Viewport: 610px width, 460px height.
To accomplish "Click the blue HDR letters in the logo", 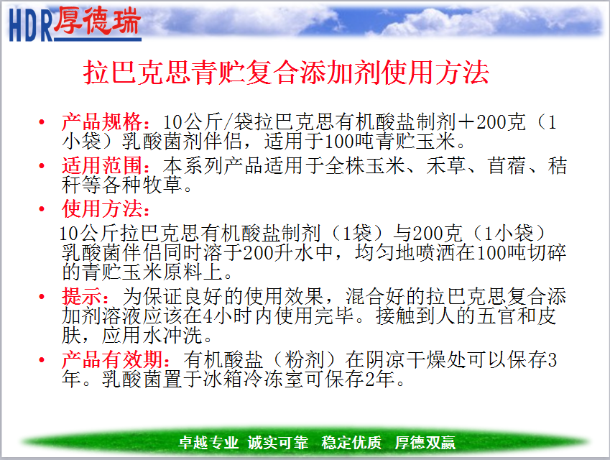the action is tap(30, 25).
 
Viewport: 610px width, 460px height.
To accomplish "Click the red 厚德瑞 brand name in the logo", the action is tap(96, 20).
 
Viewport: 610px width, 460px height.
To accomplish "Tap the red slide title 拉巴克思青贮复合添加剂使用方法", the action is tap(286, 73).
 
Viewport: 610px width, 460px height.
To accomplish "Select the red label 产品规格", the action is tap(102, 121).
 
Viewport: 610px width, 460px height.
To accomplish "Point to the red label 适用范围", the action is tap(102, 165).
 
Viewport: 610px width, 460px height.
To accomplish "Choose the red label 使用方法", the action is tap(102, 208).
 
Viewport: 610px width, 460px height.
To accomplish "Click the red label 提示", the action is tap(82, 296).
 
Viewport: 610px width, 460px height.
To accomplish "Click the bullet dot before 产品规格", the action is tap(42, 123).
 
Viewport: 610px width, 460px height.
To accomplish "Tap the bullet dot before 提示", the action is tap(42, 297).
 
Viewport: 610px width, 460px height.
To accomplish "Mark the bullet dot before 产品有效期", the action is tap(42, 359).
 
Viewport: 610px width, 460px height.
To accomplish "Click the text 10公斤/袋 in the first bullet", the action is tap(208, 122).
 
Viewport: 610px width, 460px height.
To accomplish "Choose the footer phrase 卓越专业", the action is tap(208, 443).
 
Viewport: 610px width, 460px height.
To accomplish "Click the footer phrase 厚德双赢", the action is tap(425, 443).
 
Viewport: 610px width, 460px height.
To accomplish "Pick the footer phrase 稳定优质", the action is tap(351, 443).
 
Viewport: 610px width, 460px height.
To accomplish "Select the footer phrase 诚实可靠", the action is tap(278, 443).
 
